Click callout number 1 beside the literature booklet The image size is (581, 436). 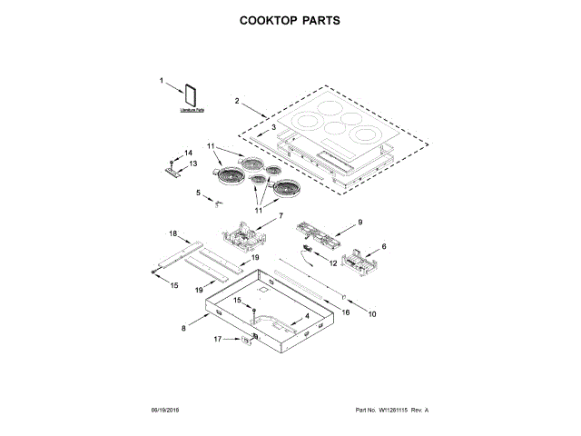click(163, 81)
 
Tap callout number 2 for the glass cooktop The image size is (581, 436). click(236, 101)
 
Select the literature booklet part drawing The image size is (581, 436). click(192, 97)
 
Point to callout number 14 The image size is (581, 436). click(190, 153)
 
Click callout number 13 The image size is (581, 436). click(192, 163)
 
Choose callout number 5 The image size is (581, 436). click(198, 193)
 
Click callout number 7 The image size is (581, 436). click(281, 216)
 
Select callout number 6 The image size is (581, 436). click(383, 246)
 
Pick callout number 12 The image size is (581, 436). click(333, 263)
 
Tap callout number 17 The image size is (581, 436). click(218, 340)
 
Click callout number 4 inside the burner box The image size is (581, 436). click(306, 315)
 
